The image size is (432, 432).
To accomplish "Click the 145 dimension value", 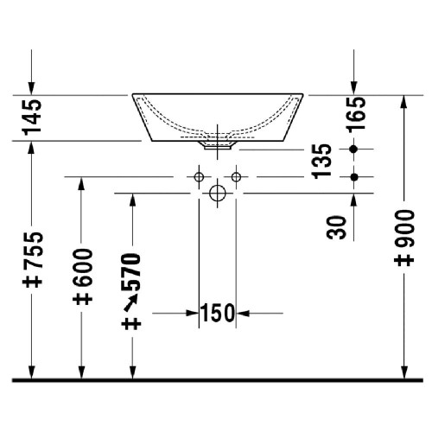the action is click(x=32, y=117).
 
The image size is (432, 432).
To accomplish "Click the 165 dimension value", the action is click(x=357, y=115).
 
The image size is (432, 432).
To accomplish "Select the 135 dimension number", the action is click(x=321, y=162).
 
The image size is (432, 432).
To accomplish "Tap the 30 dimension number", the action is click(x=336, y=227).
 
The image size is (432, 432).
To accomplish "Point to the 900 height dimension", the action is click(x=404, y=228).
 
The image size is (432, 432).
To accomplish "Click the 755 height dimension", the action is click(x=33, y=250).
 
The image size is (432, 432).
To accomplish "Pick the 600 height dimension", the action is click(x=83, y=267).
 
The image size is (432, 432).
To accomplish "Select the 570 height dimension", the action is click(x=131, y=271).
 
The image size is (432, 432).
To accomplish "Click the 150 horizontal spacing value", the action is click(x=218, y=313).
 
